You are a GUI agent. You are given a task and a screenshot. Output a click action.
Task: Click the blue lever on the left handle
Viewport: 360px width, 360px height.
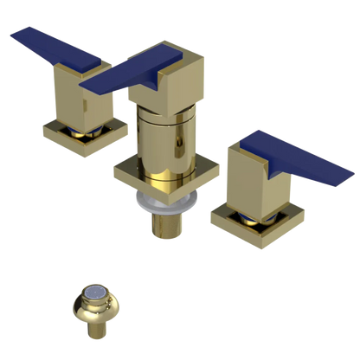pos(52,48)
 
